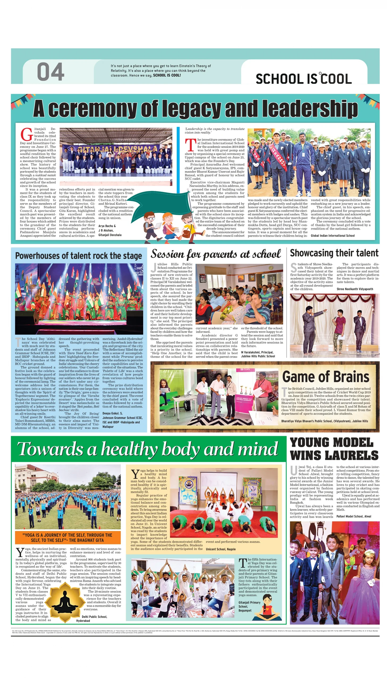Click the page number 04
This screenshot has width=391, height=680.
point(50,72)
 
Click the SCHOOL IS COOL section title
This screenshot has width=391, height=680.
point(303,79)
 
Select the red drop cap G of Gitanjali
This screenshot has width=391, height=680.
point(27,135)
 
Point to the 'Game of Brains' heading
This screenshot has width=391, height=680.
point(325,377)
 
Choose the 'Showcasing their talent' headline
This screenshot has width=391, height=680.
point(334,253)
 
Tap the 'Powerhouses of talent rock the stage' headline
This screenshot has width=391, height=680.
point(78,256)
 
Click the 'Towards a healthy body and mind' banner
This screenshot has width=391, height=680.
point(148,449)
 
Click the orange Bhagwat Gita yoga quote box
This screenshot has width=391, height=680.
point(68,537)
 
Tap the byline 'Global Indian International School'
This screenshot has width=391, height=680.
point(333,235)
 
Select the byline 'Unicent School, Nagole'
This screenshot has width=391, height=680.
point(220,549)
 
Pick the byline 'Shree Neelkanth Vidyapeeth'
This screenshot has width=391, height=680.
point(355,289)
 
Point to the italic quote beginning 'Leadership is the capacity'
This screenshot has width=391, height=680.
point(214,130)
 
